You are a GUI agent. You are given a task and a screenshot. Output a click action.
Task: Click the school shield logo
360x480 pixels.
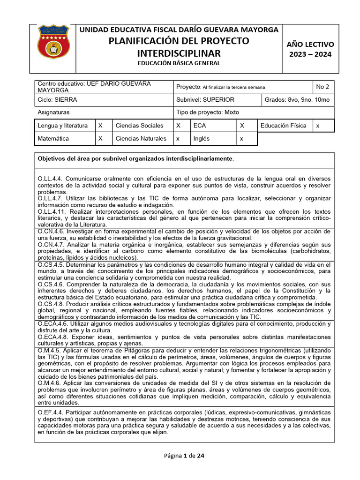point(53,42)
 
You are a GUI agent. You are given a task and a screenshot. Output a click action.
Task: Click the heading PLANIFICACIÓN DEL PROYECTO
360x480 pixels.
point(178,41)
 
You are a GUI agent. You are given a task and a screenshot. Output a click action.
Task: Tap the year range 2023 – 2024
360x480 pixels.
point(310,54)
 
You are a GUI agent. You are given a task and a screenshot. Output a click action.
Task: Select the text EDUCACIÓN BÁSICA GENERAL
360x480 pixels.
point(178,63)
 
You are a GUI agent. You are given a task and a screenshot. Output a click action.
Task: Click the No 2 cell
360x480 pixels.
point(322,87)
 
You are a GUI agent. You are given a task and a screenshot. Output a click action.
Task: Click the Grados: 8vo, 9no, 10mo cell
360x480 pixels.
point(297,100)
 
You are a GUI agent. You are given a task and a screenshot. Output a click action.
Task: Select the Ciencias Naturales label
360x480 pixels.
point(141,139)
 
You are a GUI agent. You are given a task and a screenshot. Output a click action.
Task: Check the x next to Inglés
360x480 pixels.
point(241,139)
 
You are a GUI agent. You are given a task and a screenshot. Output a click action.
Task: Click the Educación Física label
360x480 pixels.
point(283,126)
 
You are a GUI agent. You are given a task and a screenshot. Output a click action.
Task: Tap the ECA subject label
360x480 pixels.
point(199,126)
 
